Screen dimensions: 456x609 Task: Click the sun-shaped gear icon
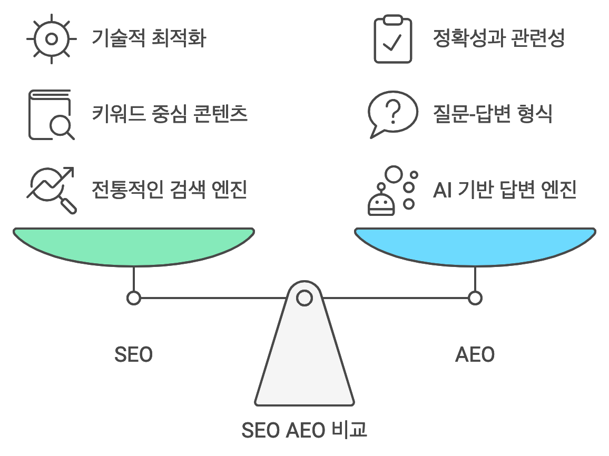pos(51,39)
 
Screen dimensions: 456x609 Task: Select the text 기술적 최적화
pos(149,38)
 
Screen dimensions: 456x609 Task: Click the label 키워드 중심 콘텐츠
pos(170,114)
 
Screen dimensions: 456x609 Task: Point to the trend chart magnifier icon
pos(51,190)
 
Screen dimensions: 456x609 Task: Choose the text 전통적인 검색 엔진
pos(170,189)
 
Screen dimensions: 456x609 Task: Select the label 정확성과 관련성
pos(498,38)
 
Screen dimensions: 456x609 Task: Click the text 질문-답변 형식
pos(492,114)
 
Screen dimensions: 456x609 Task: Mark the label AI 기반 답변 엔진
pos(505,189)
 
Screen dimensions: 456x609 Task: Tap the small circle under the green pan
pos(134,298)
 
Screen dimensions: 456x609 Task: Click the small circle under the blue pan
pos(475,298)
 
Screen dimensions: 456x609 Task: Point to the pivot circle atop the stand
pos(304,298)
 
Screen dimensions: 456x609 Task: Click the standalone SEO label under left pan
pos(133,354)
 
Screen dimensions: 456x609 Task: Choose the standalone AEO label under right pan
pos(475,354)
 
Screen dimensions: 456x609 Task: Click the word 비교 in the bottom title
pos(350,430)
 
